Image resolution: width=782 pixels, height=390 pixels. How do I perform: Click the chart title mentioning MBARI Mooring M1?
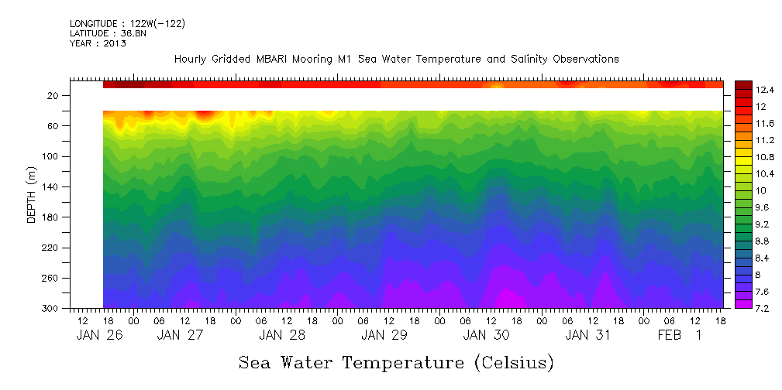pyautogui.click(x=396, y=59)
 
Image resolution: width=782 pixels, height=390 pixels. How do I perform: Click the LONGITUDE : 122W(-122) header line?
pyautogui.click(x=127, y=24)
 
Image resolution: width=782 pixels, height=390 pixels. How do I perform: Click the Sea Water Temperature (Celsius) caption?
pyautogui.click(x=396, y=362)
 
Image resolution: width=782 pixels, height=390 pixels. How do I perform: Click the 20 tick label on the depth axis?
pyautogui.click(x=54, y=95)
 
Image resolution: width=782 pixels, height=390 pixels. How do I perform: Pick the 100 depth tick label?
pyautogui.click(x=52, y=156)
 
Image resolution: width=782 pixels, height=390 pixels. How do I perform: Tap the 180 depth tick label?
pyautogui.click(x=52, y=217)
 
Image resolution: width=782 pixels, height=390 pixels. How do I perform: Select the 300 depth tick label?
pyautogui.click(x=52, y=309)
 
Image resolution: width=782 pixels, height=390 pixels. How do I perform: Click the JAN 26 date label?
pyautogui.click(x=98, y=335)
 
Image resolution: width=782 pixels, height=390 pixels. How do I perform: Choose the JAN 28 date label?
pyautogui.click(x=281, y=335)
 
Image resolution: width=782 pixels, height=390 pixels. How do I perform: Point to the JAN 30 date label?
pyautogui.click(x=486, y=335)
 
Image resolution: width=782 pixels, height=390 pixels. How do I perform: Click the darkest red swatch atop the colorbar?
pyautogui.click(x=743, y=84)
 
